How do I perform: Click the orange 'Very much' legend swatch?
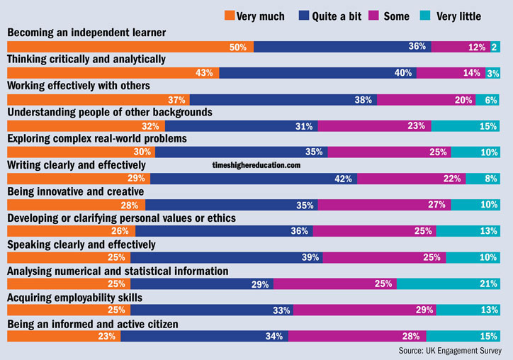(x=230, y=16)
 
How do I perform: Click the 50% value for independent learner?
(x=237, y=47)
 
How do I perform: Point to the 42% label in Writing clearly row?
(x=344, y=179)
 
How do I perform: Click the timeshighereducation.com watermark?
(x=256, y=164)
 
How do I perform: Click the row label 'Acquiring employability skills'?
(x=75, y=297)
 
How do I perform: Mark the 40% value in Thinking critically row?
(x=404, y=73)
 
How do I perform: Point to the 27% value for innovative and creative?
(x=436, y=205)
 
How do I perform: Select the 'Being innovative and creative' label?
(x=76, y=191)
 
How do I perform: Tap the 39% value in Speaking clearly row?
(x=311, y=257)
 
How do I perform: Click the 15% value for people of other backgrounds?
(x=488, y=126)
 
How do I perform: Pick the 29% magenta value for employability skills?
(x=424, y=310)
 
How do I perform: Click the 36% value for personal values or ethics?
(x=300, y=231)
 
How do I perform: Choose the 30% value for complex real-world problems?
(x=143, y=152)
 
